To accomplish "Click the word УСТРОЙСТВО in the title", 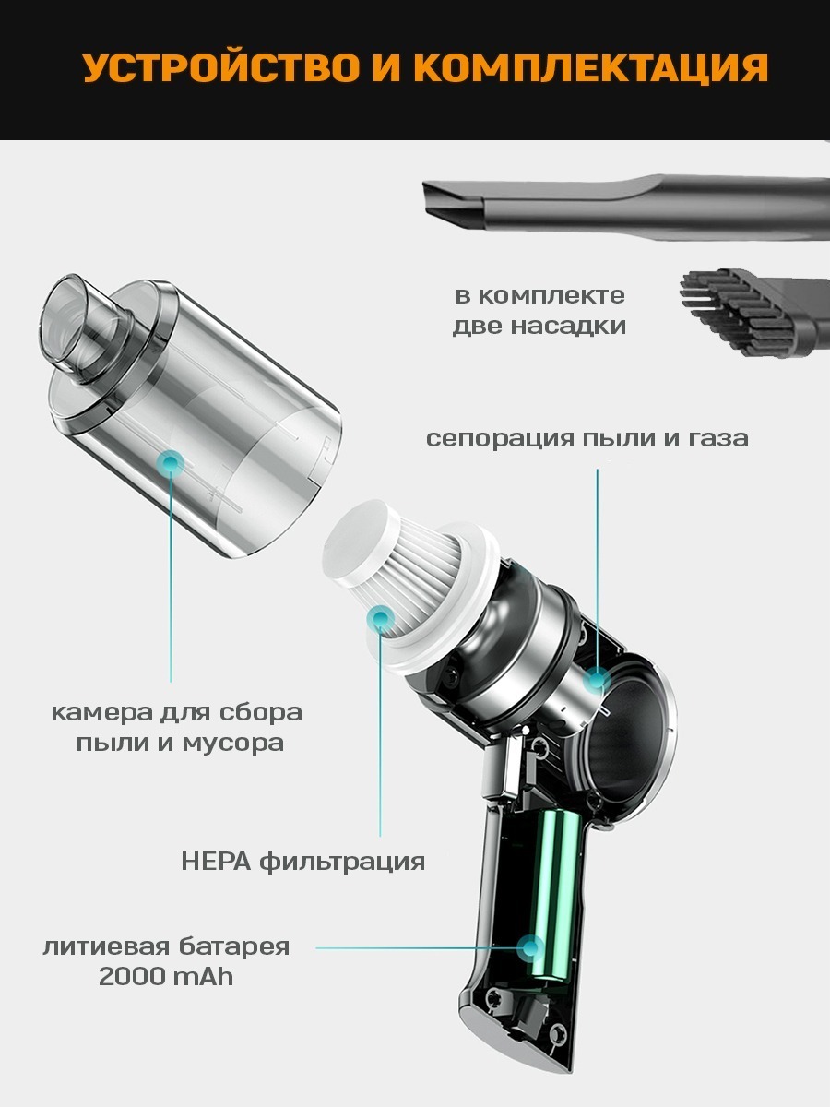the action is (x=221, y=67).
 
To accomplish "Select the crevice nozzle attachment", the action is (x=626, y=208).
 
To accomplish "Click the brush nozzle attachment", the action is (x=754, y=313).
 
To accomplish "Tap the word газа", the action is (x=718, y=439).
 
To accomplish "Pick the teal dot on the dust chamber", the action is (x=171, y=462).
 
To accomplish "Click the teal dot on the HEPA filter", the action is (x=381, y=620).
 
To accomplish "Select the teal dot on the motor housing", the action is (x=598, y=680).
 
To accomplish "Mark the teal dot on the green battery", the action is (x=530, y=947).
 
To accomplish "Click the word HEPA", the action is (x=216, y=861).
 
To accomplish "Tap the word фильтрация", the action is (x=342, y=862).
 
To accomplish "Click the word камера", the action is (x=101, y=712).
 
